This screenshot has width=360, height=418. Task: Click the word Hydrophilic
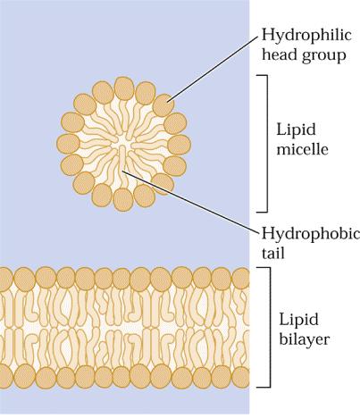point(306,36)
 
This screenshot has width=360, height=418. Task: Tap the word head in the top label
point(280,54)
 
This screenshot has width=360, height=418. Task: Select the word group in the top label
point(323,55)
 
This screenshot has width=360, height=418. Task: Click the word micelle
point(302,148)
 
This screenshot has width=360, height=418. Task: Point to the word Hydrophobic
point(311,235)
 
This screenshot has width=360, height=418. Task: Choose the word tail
point(273,253)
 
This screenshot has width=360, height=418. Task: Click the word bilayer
point(304,339)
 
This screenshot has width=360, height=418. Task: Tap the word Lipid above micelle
point(296,130)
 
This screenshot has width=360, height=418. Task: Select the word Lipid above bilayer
point(298,320)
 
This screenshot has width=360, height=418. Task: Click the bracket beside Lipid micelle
point(267,144)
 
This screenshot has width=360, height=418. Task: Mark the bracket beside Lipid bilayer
point(270,327)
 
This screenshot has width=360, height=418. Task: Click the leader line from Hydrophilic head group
point(213,70)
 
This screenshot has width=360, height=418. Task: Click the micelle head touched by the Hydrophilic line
point(163,104)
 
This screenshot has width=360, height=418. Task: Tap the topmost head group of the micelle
point(124,88)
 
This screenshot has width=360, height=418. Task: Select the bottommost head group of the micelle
point(123,200)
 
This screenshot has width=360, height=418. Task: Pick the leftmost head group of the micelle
point(68,145)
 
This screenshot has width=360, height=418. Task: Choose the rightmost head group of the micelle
point(179,145)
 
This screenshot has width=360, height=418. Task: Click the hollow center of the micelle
point(124,140)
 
